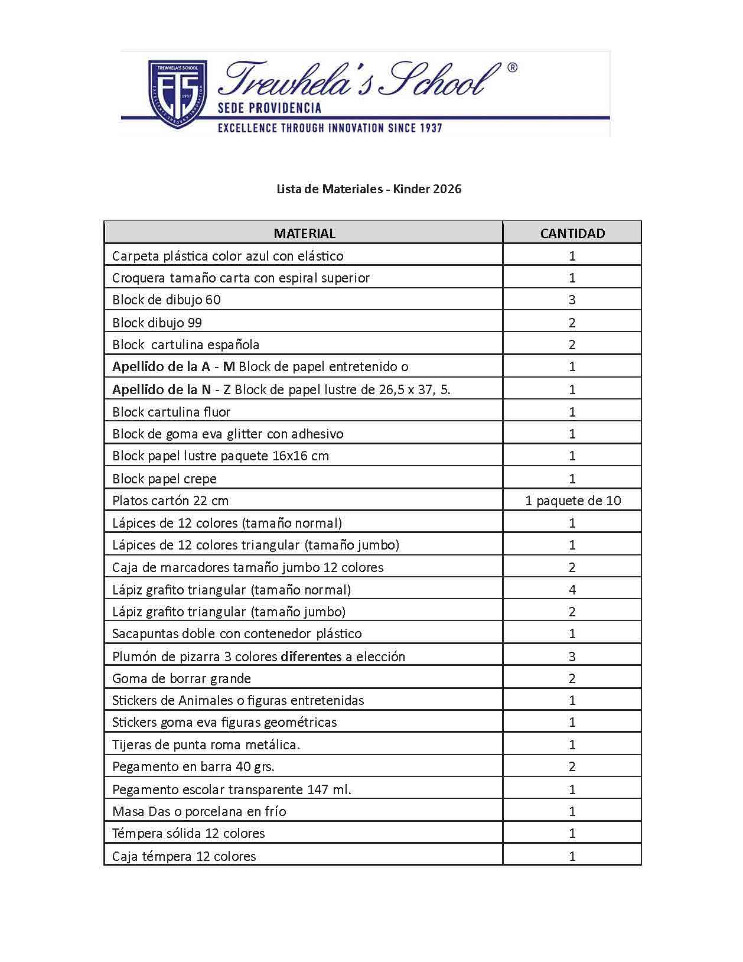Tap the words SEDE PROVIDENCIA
[269, 108]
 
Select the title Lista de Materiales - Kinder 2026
[369, 189]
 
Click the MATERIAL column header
[304, 233]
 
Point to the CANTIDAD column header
[572, 233]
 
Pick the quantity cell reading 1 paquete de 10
[572, 500]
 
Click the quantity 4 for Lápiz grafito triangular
[572, 590]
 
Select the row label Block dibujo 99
[157, 323]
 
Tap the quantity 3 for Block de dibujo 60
[572, 300]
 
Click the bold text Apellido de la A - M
[174, 366]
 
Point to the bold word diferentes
[311, 656]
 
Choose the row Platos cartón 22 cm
[170, 500]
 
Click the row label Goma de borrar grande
[181, 678]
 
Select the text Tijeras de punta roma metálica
[206, 745]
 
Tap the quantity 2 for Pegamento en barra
[572, 766]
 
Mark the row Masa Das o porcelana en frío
[199, 811]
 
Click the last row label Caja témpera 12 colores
[184, 856]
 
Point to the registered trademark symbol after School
[512, 68]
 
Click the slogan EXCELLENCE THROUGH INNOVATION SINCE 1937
[330, 128]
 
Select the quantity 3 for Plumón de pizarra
[572, 656]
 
